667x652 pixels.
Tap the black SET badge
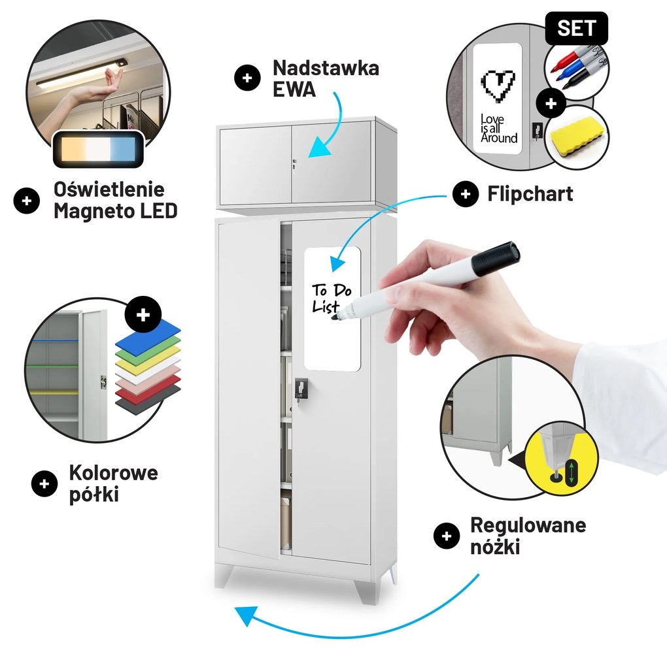577,29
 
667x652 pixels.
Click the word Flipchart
530,194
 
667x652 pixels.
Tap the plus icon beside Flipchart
466,194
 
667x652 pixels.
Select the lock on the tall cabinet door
300,389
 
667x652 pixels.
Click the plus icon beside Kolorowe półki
44,483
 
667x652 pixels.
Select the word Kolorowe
113,472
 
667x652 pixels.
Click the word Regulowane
528,525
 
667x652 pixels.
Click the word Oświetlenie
109,190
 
